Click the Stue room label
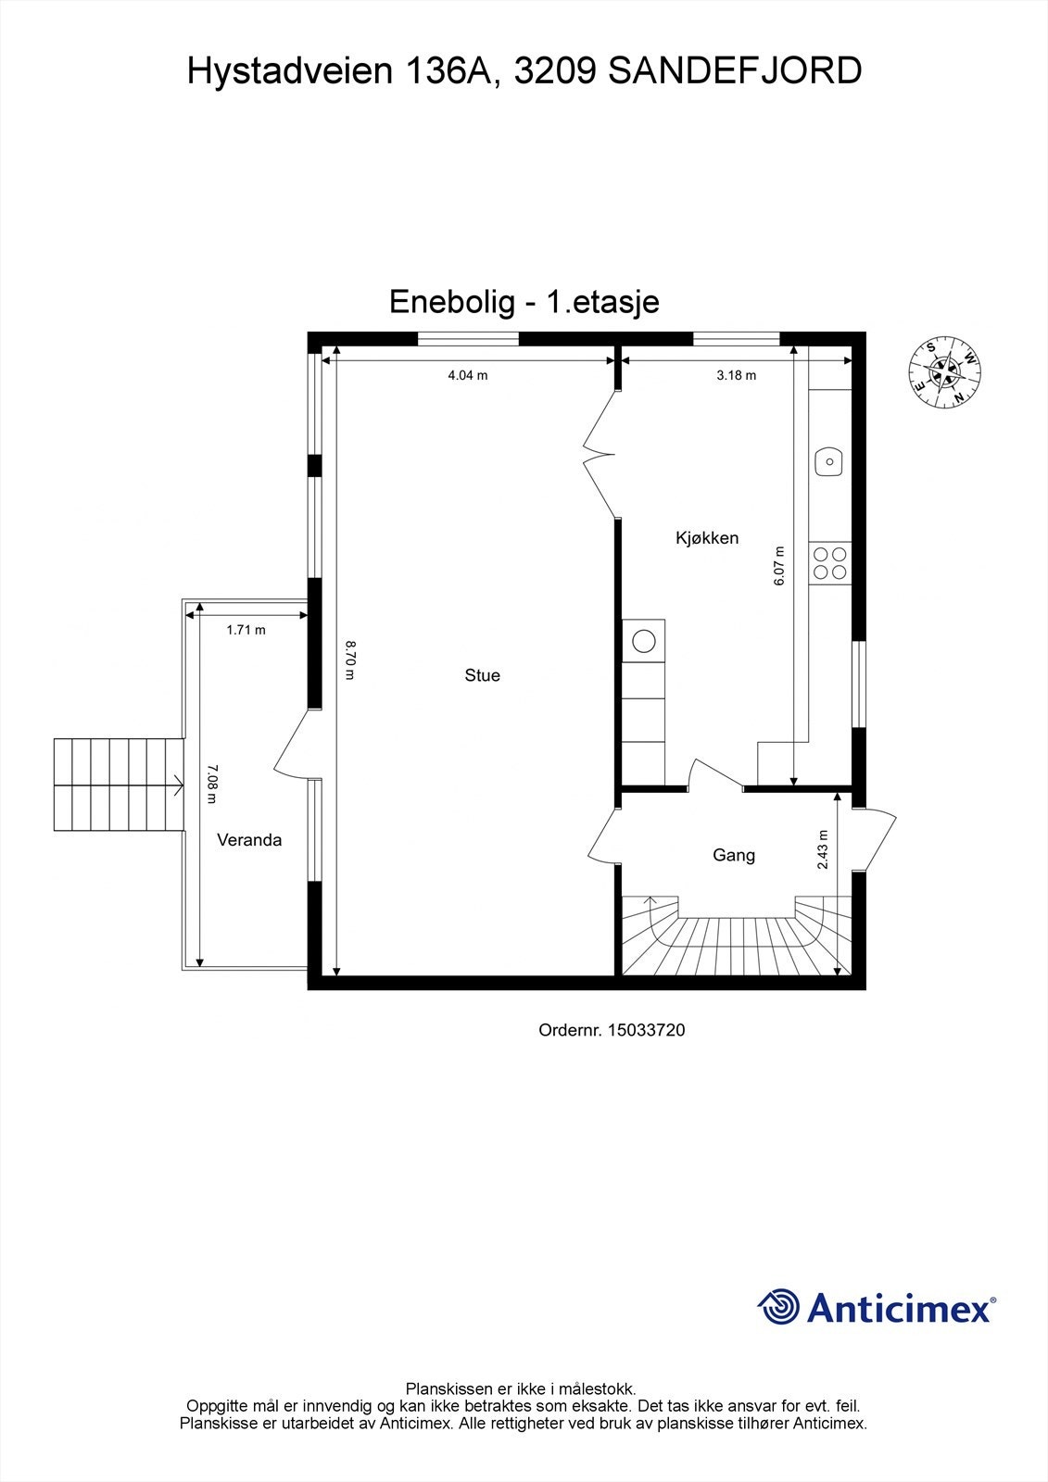[482, 675]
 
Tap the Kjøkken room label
[707, 537]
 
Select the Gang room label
[733, 855]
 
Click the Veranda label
[248, 840]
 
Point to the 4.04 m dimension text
[468, 375]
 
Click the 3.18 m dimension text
[737, 375]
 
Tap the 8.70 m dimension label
[349, 659]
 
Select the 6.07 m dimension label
[779, 566]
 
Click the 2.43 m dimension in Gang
[823, 849]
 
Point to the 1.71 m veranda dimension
[246, 630]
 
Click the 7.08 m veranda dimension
[212, 784]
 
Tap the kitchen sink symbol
[828, 460]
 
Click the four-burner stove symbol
[828, 562]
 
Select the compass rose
[944, 372]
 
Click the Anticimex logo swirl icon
[779, 1307]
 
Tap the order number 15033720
[646, 1030]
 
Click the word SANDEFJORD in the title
[735, 71]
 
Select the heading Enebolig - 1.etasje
[524, 302]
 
